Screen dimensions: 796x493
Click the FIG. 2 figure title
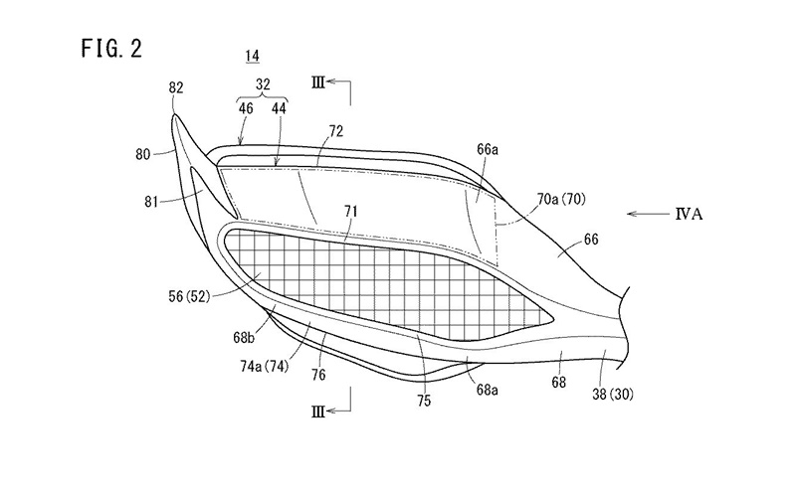coord(111,49)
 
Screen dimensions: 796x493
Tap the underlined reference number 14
coord(253,57)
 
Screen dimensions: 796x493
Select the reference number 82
coord(176,87)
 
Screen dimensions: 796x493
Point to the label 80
coord(143,154)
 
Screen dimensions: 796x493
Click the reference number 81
coord(151,202)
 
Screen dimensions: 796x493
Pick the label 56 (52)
coord(189,296)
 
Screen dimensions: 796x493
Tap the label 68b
coord(244,337)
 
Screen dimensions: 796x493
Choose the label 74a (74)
coord(265,366)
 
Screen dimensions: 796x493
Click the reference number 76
coord(318,375)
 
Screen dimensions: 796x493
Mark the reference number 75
coord(424,401)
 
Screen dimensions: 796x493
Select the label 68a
coord(487,390)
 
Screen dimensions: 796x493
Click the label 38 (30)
coord(613,394)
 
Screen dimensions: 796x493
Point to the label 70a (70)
coord(561,200)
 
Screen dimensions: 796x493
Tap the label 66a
coord(488,150)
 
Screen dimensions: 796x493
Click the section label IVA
coord(689,214)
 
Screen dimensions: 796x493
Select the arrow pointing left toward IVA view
coord(648,214)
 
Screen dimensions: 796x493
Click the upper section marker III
coord(317,82)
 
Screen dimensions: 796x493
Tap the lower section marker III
coord(317,411)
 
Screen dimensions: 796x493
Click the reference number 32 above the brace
coord(263,83)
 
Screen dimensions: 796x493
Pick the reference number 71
coord(351,211)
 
